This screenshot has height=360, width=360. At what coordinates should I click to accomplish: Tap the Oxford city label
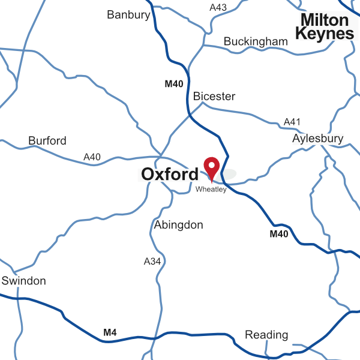tap(170, 175)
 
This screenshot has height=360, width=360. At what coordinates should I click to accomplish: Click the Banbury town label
tap(128, 15)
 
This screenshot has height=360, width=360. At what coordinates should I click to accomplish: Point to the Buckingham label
tap(256, 41)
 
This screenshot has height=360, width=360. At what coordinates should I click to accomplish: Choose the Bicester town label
tap(214, 96)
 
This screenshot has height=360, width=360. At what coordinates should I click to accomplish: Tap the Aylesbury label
tap(318, 139)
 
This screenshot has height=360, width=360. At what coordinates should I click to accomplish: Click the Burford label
tap(47, 141)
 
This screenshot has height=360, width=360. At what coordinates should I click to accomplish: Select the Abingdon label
tap(179, 226)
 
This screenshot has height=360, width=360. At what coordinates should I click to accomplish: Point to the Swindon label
tap(23, 281)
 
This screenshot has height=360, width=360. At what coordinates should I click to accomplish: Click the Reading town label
tap(266, 335)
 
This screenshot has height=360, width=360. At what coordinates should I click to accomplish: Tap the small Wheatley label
tap(211, 190)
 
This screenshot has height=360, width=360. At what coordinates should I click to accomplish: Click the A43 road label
tap(218, 8)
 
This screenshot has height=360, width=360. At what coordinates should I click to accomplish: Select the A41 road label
tap(292, 122)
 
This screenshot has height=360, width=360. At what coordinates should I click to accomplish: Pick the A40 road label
tap(92, 157)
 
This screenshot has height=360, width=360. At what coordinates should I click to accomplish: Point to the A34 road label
tap(152, 262)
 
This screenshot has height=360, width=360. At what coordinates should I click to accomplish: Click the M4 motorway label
tap(110, 332)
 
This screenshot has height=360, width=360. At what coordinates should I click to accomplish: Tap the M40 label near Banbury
tap(174, 84)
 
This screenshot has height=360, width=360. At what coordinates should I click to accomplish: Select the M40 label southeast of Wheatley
tap(279, 234)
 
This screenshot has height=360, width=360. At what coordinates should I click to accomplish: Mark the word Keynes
tap(325, 34)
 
